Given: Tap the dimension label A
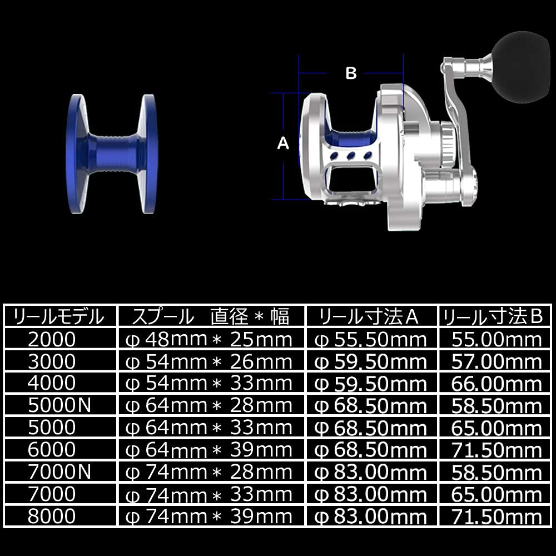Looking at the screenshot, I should [x=283, y=143].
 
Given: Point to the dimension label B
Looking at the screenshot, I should [x=351, y=73].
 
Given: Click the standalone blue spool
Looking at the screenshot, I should [x=112, y=154].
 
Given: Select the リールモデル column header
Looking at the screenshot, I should [x=58, y=317].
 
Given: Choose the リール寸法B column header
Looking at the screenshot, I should [x=492, y=317].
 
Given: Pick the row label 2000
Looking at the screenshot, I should [x=52, y=339].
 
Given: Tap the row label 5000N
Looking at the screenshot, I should [x=59, y=406].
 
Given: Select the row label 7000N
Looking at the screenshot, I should [x=59, y=472].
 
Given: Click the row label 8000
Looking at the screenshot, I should [x=52, y=516].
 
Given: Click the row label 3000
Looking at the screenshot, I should [x=52, y=361].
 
